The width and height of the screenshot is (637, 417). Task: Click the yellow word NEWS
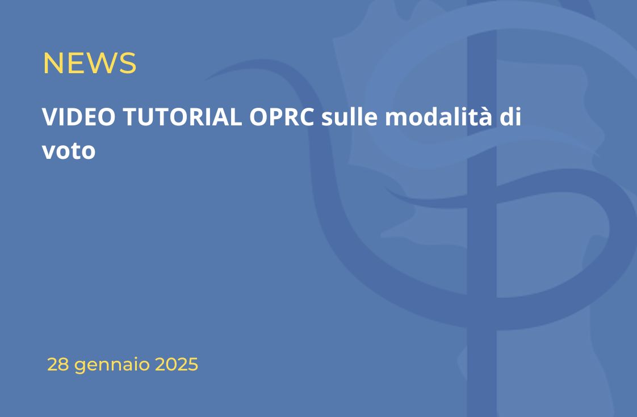click(89, 63)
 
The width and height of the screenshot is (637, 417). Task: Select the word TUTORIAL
click(182, 117)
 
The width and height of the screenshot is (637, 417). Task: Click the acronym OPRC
click(282, 117)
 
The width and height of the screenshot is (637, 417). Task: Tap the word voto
click(69, 151)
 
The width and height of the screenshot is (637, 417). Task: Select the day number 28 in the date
click(58, 364)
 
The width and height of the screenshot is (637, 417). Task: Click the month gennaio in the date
click(112, 365)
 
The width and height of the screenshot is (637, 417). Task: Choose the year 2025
click(177, 364)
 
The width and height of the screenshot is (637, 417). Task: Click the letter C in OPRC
click(307, 117)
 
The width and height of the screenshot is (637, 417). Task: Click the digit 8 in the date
click(64, 364)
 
